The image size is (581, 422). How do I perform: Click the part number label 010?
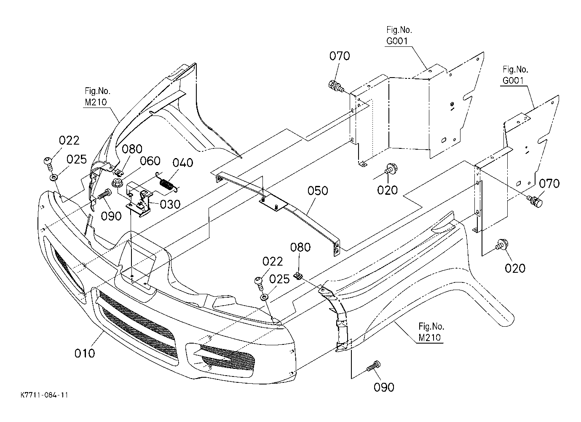click(85, 353)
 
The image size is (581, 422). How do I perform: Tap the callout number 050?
click(318, 191)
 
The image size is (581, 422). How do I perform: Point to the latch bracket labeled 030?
click(138, 198)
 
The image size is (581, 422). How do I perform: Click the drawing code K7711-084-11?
click(44, 395)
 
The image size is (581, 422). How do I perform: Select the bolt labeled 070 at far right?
click(535, 202)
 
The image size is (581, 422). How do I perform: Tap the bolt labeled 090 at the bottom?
click(373, 366)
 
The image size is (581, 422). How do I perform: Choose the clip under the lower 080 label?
click(299, 275)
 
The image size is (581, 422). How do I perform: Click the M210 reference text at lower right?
click(429, 338)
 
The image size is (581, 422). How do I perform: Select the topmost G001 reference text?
click(397, 41)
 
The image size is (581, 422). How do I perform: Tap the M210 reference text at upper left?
click(96, 102)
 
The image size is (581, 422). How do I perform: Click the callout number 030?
click(170, 204)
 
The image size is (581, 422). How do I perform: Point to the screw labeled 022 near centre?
click(259, 284)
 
